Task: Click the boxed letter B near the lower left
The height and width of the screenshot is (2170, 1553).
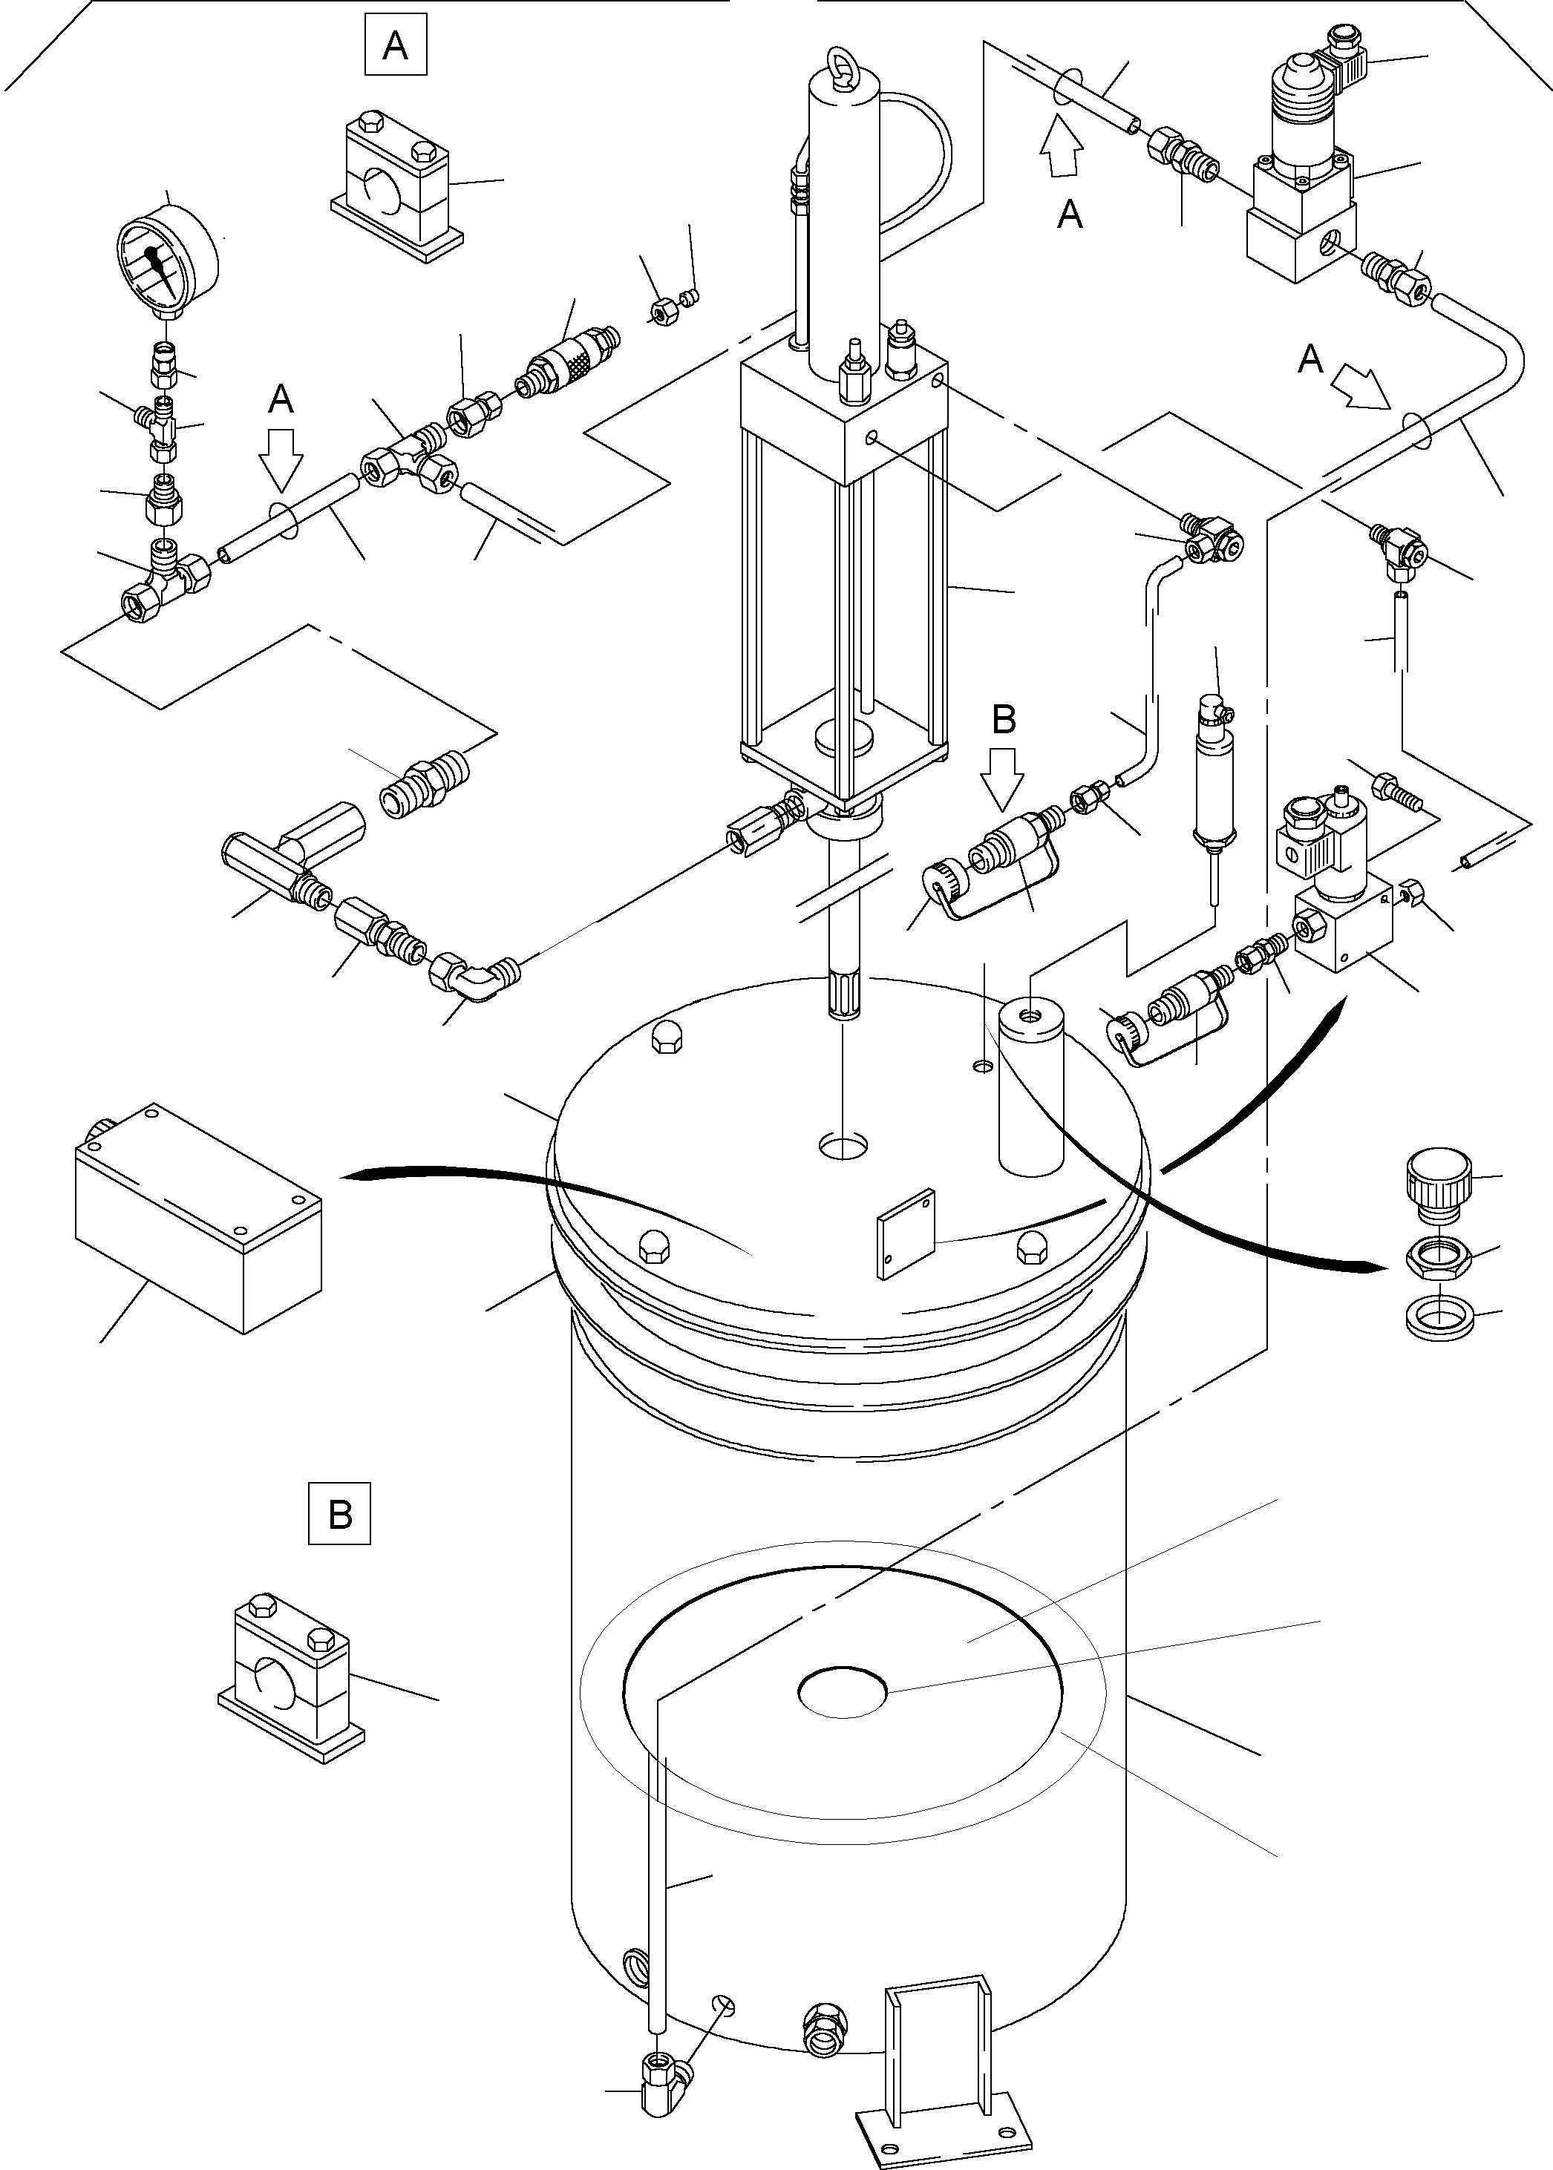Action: pos(339,1514)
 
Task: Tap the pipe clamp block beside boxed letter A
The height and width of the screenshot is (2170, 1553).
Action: pos(397,186)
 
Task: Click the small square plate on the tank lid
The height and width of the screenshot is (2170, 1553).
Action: pos(906,1234)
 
